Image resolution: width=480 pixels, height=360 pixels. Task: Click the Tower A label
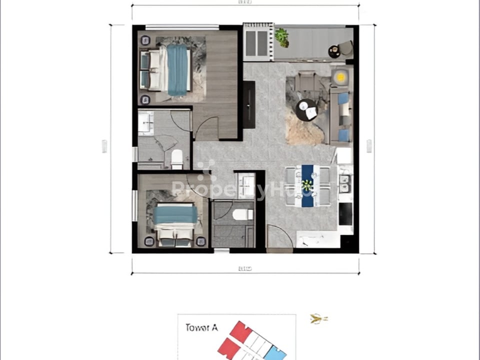201,328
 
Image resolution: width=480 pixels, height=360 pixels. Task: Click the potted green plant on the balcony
281,37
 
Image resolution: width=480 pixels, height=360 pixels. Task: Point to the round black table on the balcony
334,51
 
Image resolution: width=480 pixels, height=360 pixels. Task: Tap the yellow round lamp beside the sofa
341,77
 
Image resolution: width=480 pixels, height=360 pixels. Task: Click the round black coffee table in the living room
306,109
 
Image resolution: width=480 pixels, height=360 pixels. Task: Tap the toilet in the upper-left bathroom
177,159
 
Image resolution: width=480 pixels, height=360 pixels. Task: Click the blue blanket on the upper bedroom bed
177,70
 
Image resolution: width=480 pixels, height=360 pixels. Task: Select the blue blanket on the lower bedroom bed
175,214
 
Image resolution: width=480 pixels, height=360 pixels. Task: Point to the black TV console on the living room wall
248,104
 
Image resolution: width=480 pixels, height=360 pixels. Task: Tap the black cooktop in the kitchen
345,213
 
